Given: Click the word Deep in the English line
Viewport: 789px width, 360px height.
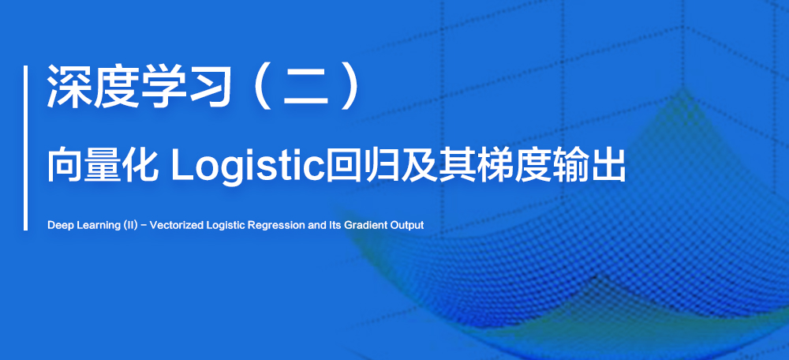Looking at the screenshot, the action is coord(58,226).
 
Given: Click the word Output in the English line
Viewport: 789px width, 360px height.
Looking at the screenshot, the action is coord(408,226).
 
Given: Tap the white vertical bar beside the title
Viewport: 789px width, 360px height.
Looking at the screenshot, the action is coord(26,148).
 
